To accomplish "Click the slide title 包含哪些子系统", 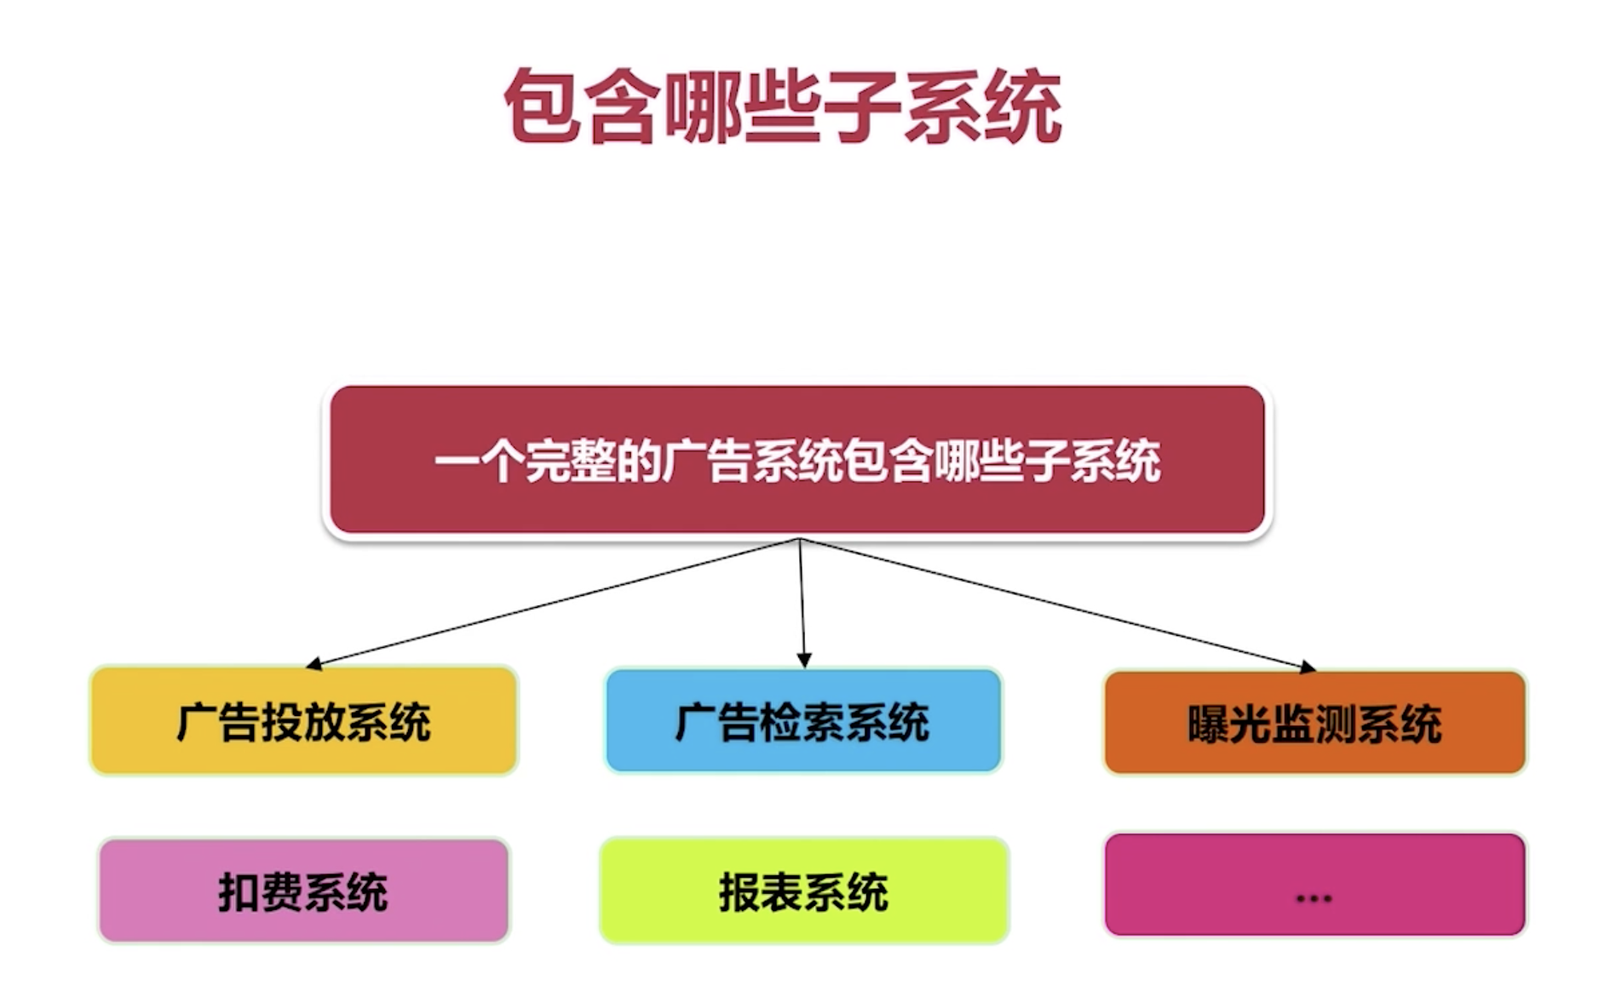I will click(x=782, y=106).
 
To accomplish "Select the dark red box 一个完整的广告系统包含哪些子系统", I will click(x=797, y=461).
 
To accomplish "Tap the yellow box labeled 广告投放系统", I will click(x=303, y=721).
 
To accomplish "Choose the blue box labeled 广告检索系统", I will click(x=802, y=721).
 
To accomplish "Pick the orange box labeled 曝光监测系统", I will click(x=1314, y=723).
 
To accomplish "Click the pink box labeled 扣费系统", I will click(x=303, y=891).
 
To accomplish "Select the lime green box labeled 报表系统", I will click(x=803, y=891).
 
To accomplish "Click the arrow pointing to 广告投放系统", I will click(x=554, y=602).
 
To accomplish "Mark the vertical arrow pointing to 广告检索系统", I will click(x=802, y=600).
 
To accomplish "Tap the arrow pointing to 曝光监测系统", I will click(x=1056, y=604).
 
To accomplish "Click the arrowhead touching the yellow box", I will click(x=313, y=664).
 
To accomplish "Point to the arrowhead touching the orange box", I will click(x=1308, y=667).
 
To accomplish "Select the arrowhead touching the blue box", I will click(x=803, y=661).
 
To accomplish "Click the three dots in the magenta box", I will click(x=1313, y=898).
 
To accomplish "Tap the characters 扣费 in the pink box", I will click(x=260, y=892).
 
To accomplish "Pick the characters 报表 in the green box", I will click(x=761, y=892).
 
